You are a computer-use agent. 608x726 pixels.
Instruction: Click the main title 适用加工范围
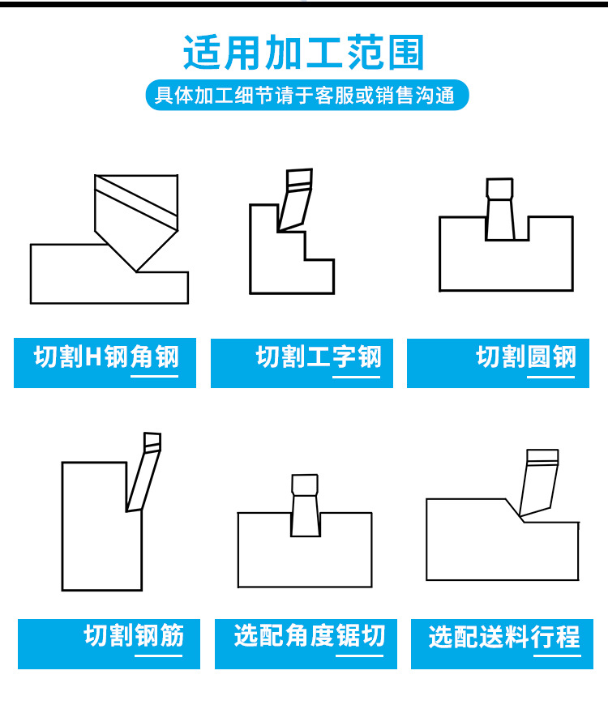point(304,53)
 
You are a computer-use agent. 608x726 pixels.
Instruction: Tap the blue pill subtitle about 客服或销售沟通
point(307,95)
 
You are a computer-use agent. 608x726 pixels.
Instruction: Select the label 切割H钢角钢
point(106,357)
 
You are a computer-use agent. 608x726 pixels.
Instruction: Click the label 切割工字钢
point(319,357)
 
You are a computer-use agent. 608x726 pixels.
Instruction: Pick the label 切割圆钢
point(526,357)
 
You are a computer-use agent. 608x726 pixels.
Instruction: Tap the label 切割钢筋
point(134,635)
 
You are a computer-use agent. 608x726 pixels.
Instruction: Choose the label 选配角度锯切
point(310,635)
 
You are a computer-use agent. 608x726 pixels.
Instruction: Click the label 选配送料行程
point(504,637)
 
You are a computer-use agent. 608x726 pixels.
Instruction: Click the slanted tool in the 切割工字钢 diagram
point(295,200)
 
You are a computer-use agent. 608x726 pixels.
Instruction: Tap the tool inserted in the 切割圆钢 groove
point(500,209)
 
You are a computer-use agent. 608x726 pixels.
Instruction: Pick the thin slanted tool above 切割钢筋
point(143,472)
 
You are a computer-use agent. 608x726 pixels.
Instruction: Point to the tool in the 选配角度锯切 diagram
point(306,506)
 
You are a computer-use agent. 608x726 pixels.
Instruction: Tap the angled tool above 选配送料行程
point(539,483)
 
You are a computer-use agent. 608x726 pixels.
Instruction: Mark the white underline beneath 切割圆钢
point(551,377)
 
